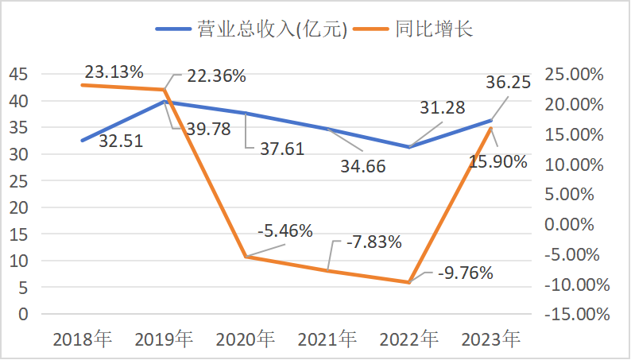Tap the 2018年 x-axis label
83,340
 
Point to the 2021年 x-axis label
327,340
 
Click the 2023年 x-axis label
491,340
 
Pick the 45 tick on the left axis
19,75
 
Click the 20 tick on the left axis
19,207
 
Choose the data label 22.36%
216,77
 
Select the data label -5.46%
285,231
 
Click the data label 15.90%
497,162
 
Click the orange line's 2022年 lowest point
408,282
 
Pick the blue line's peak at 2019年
165,102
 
